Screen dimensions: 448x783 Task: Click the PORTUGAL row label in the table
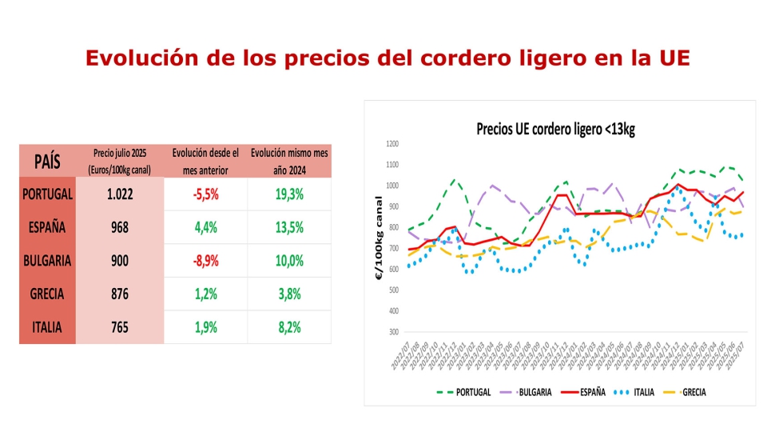point(48,194)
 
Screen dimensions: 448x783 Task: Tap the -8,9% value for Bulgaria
point(205,261)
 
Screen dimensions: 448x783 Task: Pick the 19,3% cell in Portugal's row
point(288,194)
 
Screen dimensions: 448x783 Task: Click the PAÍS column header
point(48,161)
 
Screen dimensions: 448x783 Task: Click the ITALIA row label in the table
point(48,327)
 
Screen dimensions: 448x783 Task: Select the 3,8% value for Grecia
point(288,294)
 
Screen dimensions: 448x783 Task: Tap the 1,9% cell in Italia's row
point(205,327)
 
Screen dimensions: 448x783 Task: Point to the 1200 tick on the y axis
point(391,144)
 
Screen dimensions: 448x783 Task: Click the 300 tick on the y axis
point(393,331)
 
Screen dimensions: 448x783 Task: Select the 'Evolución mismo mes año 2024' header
point(288,161)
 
